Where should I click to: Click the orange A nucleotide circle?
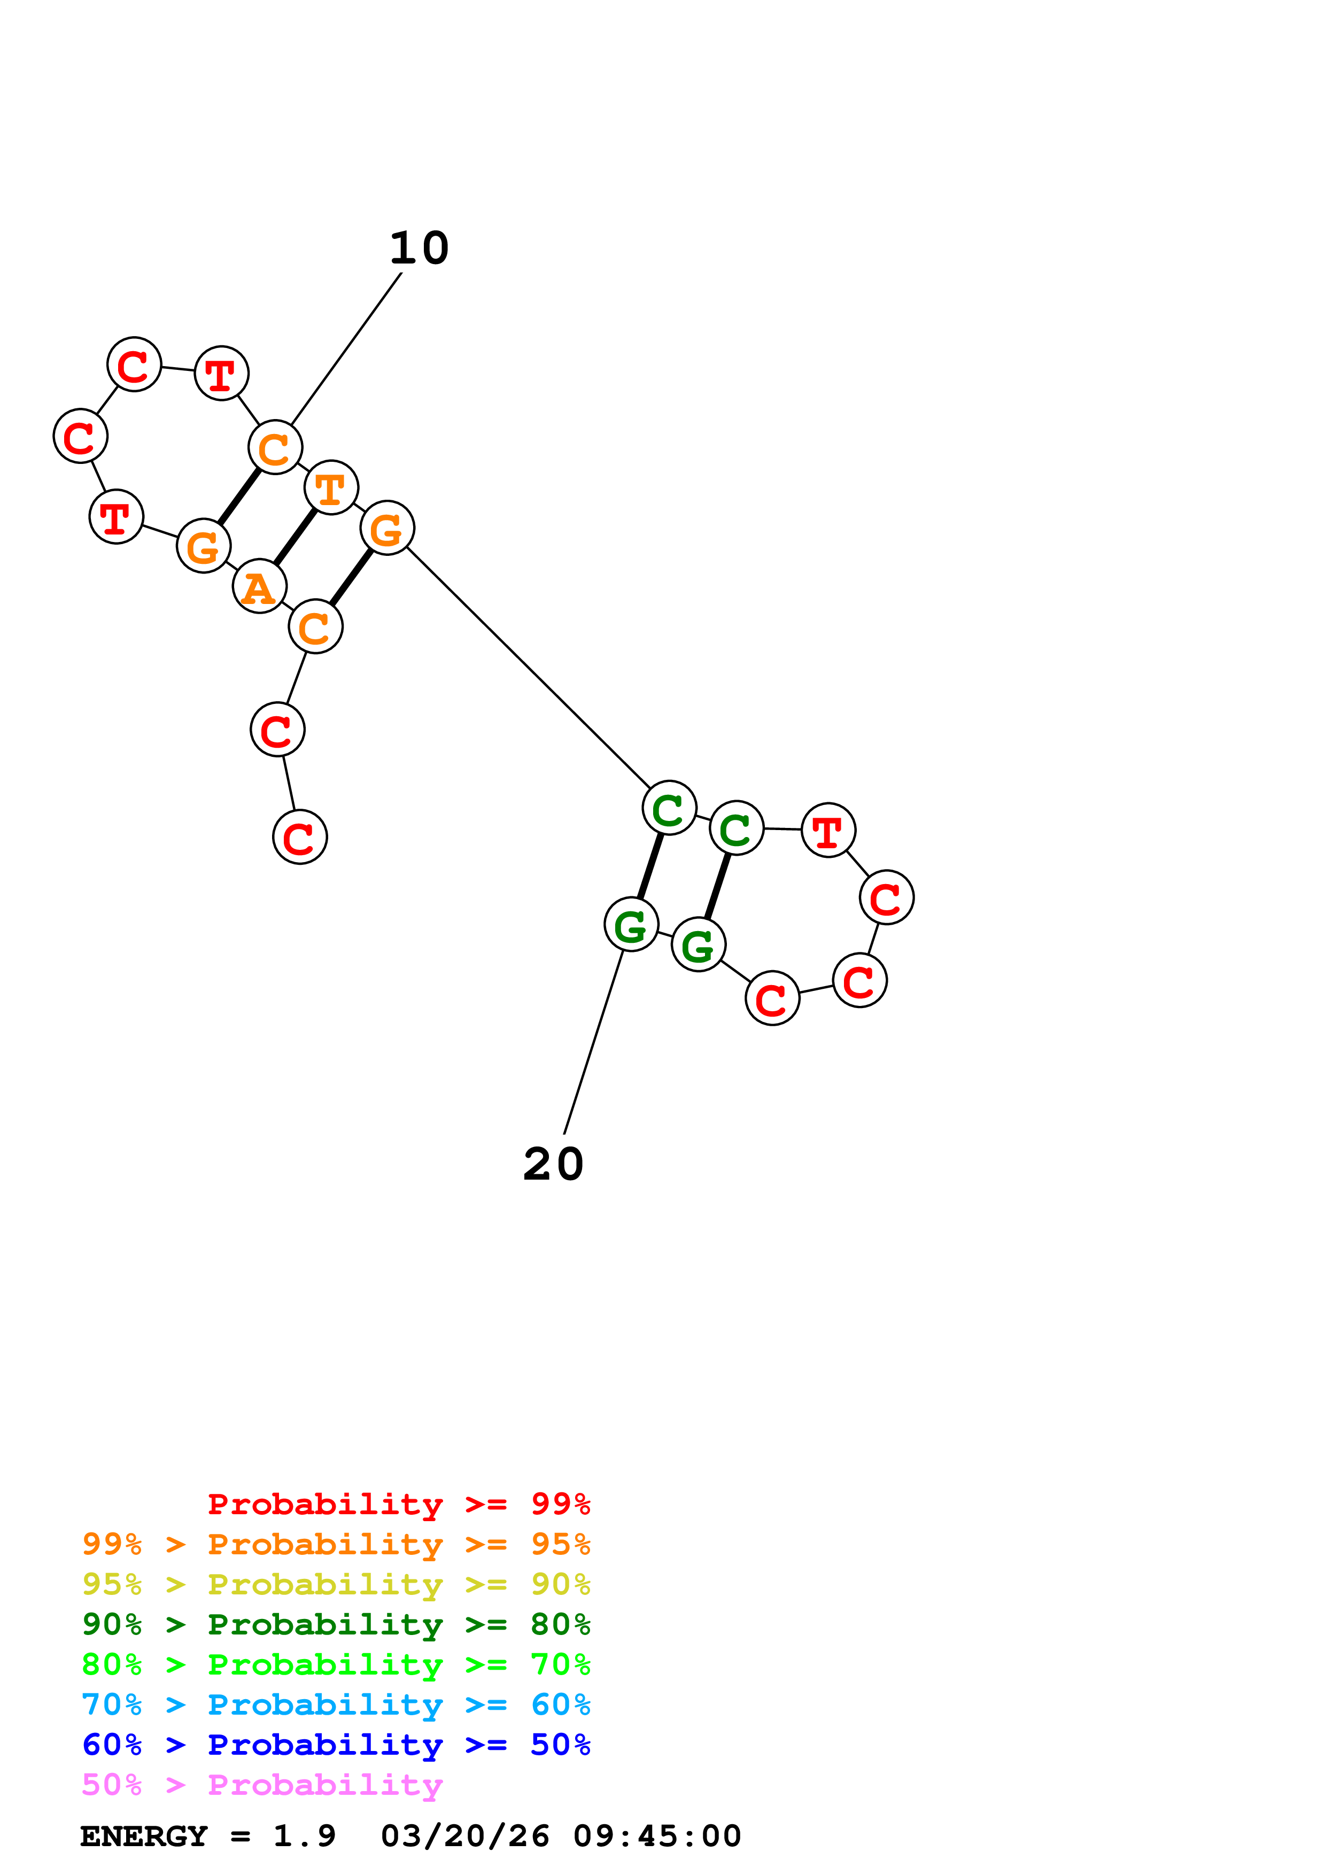coord(260,586)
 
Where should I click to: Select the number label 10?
coord(419,248)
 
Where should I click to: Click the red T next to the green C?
coord(828,831)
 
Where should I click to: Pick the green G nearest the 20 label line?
coord(631,925)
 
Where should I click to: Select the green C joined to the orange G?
coord(669,808)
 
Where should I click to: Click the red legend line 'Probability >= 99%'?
coord(398,1504)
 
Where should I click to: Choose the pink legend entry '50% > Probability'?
coord(262,1785)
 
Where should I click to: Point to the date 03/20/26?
coord(464,1836)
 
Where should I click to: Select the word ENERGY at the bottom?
coord(144,1836)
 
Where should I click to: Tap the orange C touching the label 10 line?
coord(275,447)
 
